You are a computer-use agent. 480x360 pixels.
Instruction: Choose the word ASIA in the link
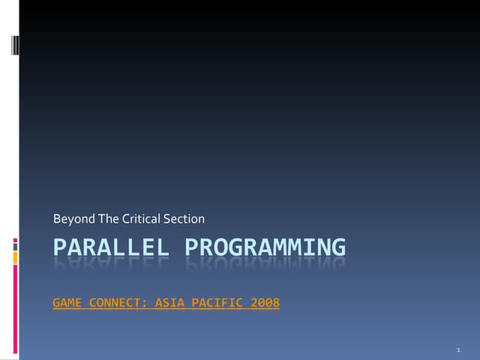tap(168, 304)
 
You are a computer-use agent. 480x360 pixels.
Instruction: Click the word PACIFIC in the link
tap(217, 304)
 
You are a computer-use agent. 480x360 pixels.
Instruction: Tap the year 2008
tap(265, 304)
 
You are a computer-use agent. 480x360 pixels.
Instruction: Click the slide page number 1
tap(457, 350)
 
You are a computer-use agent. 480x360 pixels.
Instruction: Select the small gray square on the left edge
tap(15, 244)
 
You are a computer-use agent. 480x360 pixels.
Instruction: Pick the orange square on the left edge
tap(15, 257)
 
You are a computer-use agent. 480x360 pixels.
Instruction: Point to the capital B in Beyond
tap(57, 219)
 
